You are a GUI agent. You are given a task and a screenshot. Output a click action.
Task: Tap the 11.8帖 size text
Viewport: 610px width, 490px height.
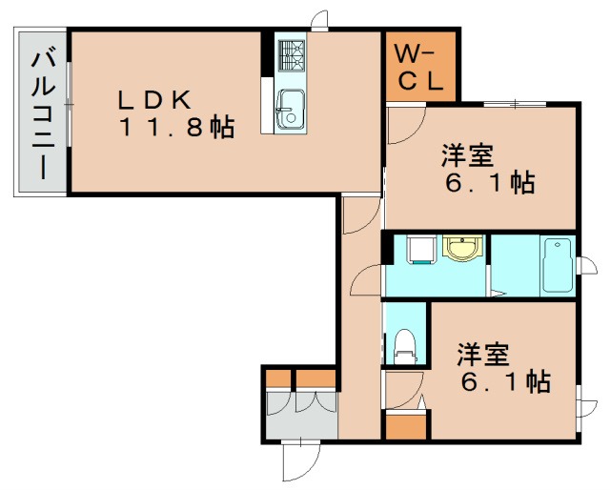[177, 129]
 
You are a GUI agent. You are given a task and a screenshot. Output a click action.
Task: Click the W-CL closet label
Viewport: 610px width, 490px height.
[419, 68]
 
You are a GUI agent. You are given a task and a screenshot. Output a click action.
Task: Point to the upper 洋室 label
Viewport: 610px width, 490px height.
[466, 153]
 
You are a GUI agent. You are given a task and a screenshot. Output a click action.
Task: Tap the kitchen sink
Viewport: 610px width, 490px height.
[290, 108]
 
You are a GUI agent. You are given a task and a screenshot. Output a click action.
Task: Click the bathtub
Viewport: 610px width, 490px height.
[556, 266]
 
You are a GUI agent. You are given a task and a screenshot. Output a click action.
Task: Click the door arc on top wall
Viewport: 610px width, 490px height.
[320, 19]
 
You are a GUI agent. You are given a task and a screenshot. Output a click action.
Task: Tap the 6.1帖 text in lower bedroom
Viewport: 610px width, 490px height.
[505, 382]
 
